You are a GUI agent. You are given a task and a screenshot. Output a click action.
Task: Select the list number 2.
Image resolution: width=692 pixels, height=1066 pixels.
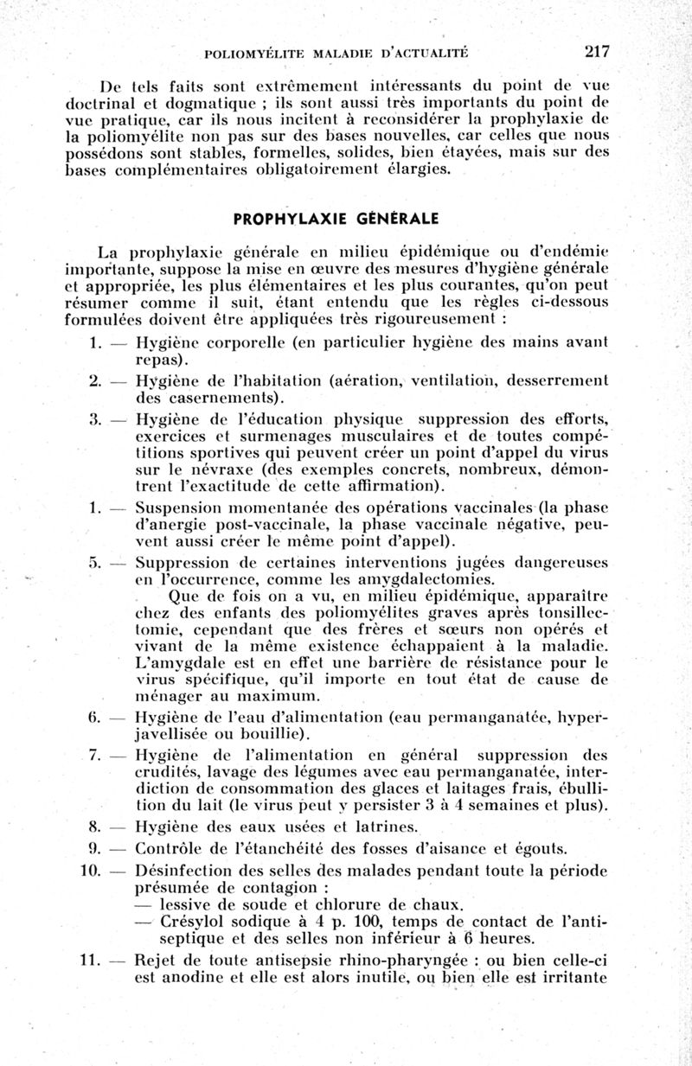(95, 380)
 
